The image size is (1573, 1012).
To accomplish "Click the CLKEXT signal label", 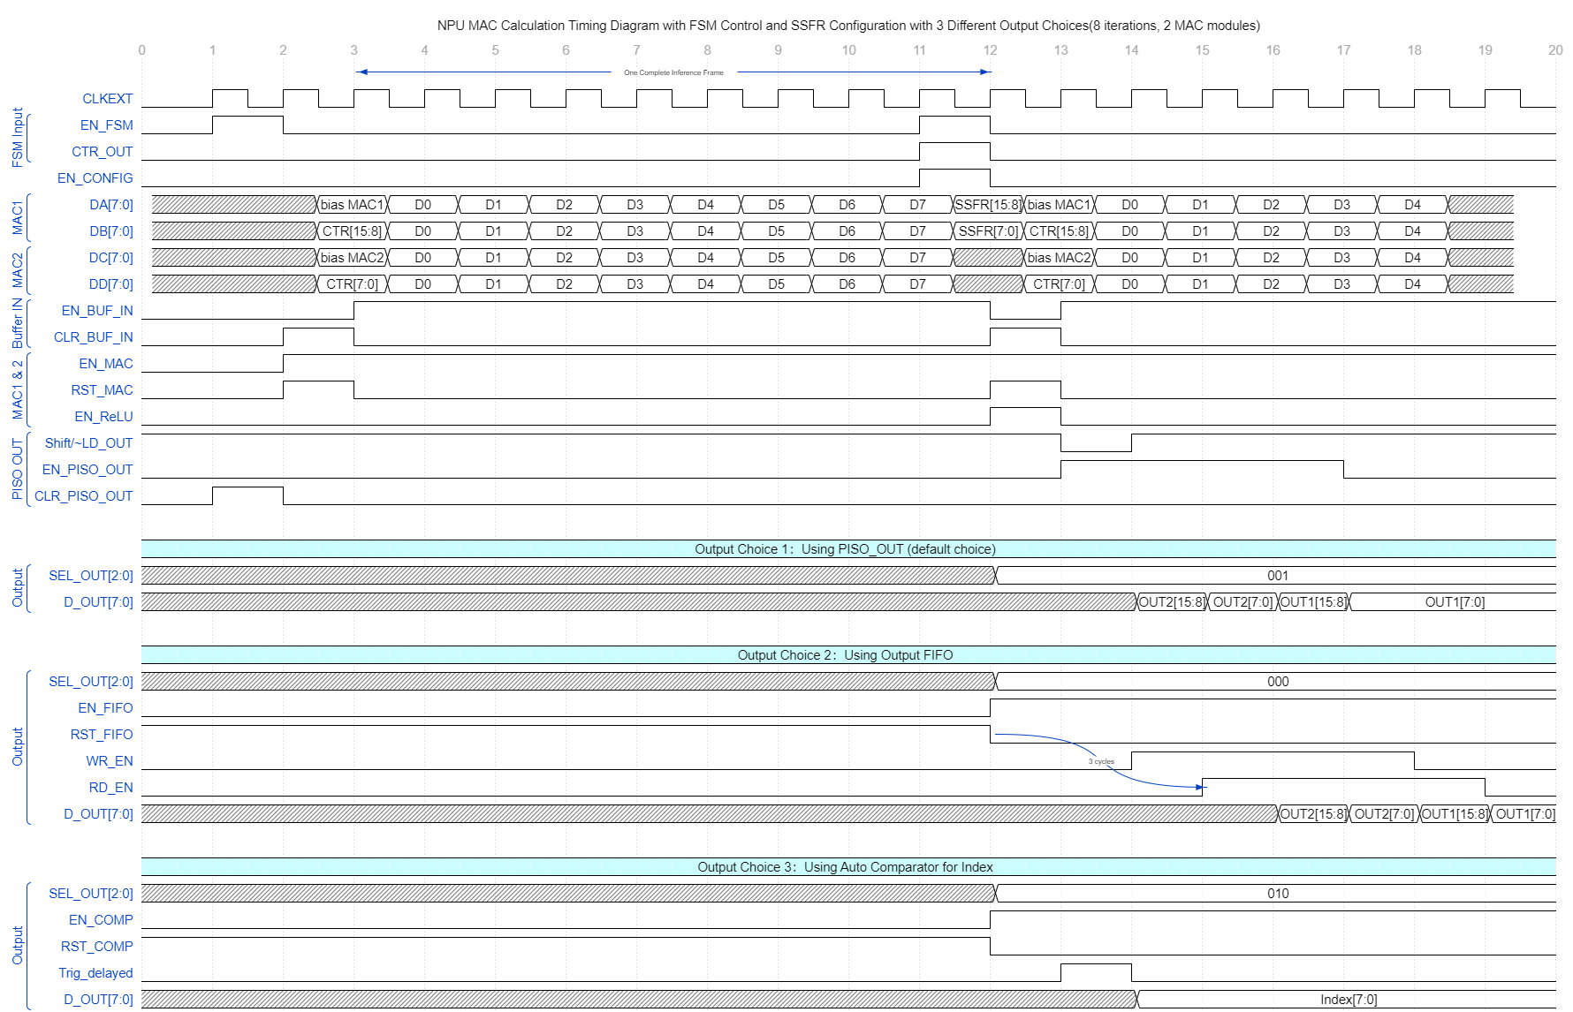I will (107, 99).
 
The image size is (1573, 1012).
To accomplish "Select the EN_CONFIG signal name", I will (95, 178).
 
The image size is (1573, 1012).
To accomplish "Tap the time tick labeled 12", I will (990, 50).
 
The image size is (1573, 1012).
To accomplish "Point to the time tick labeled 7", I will (636, 50).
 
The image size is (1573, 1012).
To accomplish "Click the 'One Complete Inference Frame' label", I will (673, 72).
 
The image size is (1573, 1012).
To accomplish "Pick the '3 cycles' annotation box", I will (1102, 761).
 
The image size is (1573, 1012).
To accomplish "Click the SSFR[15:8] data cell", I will (988, 205).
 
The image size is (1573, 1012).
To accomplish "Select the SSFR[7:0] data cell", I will (988, 231).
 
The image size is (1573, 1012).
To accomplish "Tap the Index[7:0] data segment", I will (1348, 1000).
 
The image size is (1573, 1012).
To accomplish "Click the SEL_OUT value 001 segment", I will (1277, 576).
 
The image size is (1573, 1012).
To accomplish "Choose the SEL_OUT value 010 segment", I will (1277, 894).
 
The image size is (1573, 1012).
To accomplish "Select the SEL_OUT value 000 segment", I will (1277, 682).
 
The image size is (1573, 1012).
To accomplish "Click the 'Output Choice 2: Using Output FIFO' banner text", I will (845, 655).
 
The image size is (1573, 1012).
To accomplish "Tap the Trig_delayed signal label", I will (95, 973).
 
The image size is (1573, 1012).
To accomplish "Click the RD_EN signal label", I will (110, 788).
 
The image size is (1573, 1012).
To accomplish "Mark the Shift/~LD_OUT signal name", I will (88, 443).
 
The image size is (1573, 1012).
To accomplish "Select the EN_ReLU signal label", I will (103, 417).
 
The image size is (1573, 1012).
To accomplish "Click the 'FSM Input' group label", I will (17, 138).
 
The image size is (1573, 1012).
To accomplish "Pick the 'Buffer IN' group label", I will (17, 323).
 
